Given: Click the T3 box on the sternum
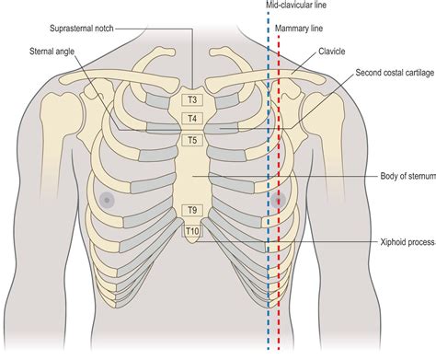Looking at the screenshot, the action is [x=192, y=100].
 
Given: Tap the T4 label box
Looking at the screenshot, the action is [x=192, y=119].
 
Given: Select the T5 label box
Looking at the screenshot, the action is [x=192, y=140].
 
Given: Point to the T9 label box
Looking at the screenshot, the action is [x=192, y=210].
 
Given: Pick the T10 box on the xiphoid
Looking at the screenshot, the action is [x=192, y=231].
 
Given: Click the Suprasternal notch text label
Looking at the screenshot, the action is [x=82, y=29].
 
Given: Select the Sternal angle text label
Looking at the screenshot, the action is [x=52, y=51].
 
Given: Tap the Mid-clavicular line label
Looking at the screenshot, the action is [x=296, y=5].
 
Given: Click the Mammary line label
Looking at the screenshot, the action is [x=299, y=29].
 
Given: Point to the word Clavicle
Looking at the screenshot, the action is [x=331, y=51].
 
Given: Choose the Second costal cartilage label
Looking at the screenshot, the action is [x=395, y=73].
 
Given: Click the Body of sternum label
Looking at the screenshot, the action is [x=408, y=176].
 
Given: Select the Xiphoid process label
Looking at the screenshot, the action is [x=407, y=242].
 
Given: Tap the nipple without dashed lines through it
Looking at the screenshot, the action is [x=107, y=200].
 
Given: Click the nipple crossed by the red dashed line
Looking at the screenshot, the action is [x=278, y=200].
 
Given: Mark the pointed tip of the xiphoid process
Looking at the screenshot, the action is [x=191, y=244].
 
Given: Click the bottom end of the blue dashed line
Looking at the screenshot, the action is [x=269, y=349].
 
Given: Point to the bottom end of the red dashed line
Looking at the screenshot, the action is [x=279, y=349].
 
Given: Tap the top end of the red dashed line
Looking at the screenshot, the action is [x=279, y=36].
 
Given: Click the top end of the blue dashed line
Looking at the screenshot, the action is [x=269, y=12].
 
